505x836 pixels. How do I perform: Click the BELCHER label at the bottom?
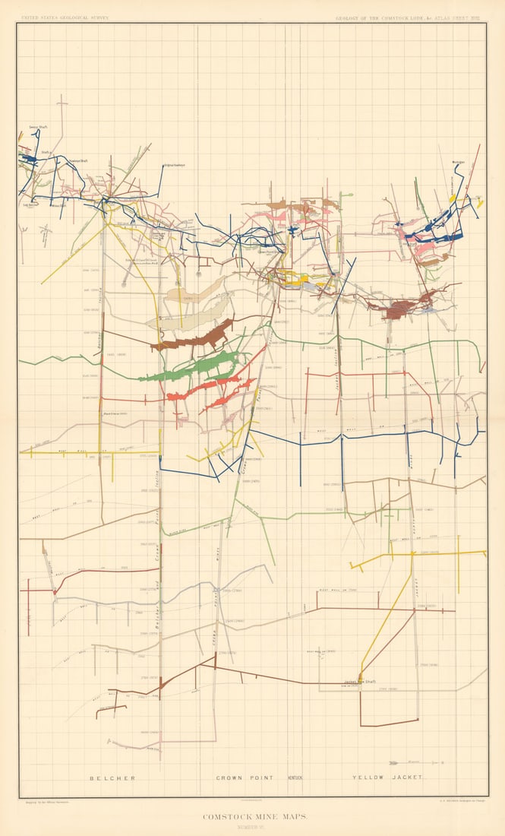pos(112,778)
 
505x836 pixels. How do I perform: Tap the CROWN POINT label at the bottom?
pos(242,778)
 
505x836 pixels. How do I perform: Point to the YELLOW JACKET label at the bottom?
pos(387,778)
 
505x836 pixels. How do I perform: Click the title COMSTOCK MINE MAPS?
pos(253,818)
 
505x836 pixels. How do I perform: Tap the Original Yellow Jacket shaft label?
pos(174,166)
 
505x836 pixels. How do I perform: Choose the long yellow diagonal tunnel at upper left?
pos(72,255)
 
